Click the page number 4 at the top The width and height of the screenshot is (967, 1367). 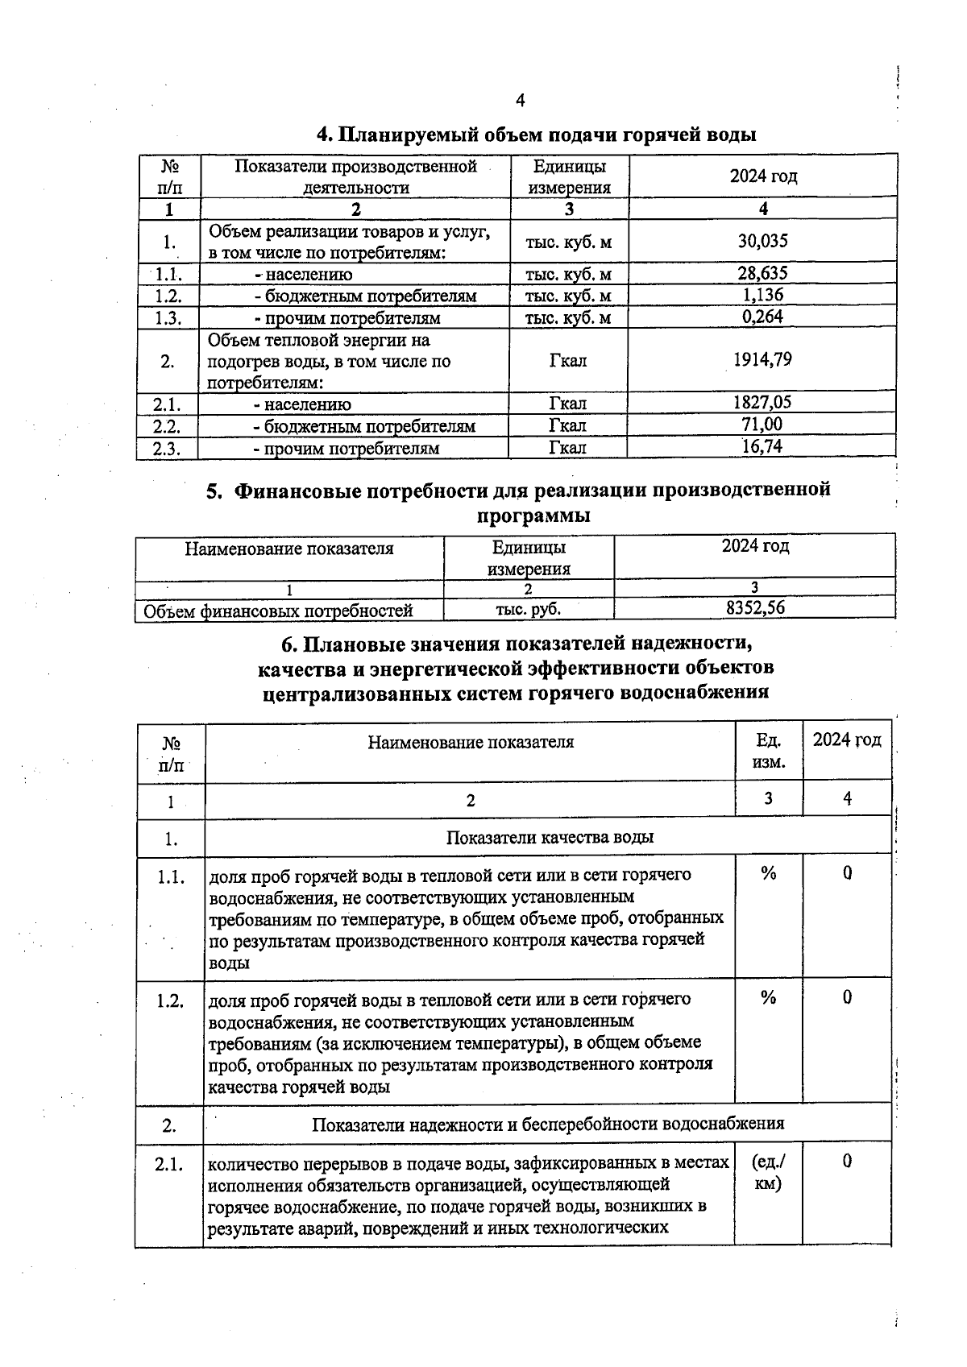(x=520, y=101)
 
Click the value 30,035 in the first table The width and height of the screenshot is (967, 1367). (x=762, y=241)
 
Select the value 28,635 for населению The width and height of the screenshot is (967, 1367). (x=762, y=273)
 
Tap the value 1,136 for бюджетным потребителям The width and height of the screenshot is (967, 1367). (x=762, y=295)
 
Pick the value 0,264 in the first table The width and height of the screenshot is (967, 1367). (x=762, y=317)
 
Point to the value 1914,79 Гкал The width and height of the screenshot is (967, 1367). (x=762, y=359)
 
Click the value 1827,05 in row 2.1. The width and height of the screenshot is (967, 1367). (x=762, y=402)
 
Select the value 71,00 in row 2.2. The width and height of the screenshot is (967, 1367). (x=762, y=424)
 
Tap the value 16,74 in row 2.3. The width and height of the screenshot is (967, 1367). (x=762, y=446)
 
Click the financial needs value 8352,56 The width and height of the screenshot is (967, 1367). (x=755, y=608)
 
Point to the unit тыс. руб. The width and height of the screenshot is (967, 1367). (x=529, y=609)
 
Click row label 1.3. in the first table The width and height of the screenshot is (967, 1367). (x=168, y=317)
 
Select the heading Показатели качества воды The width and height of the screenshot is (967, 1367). (x=550, y=837)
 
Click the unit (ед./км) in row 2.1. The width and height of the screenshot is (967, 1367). (x=768, y=1173)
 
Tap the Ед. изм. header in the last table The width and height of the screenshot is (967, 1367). (x=768, y=751)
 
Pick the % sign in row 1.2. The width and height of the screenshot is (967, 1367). (x=768, y=998)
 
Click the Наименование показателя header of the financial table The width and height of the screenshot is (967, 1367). (x=289, y=549)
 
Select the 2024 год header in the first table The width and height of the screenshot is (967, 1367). (x=762, y=176)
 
